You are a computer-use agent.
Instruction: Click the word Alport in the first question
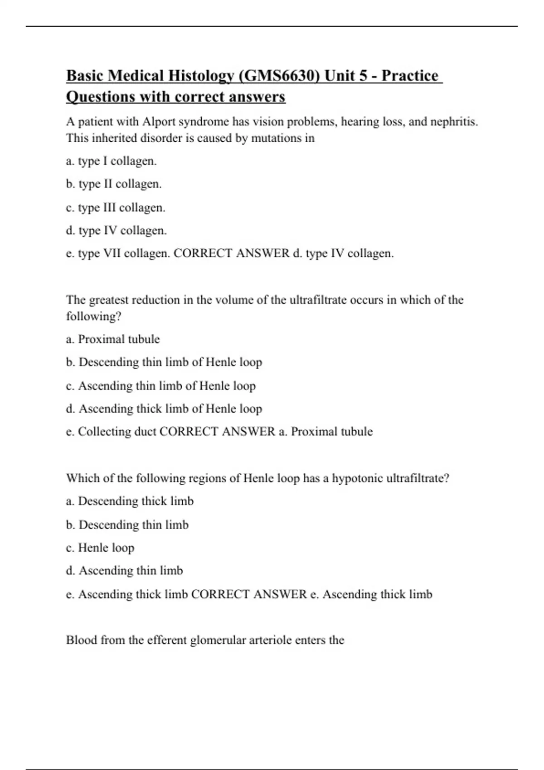click(159, 122)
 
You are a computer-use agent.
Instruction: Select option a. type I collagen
click(111, 161)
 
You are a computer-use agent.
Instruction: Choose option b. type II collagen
click(113, 184)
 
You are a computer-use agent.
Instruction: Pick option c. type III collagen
click(115, 208)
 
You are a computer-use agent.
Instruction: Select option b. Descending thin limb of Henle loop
click(164, 362)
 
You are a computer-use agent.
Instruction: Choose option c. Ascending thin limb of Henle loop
click(160, 386)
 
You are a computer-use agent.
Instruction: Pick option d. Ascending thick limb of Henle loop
click(164, 409)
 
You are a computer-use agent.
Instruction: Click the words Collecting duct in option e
click(117, 432)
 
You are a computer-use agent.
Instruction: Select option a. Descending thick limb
click(130, 501)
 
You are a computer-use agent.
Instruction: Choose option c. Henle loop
click(100, 548)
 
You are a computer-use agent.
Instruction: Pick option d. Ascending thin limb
click(124, 571)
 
